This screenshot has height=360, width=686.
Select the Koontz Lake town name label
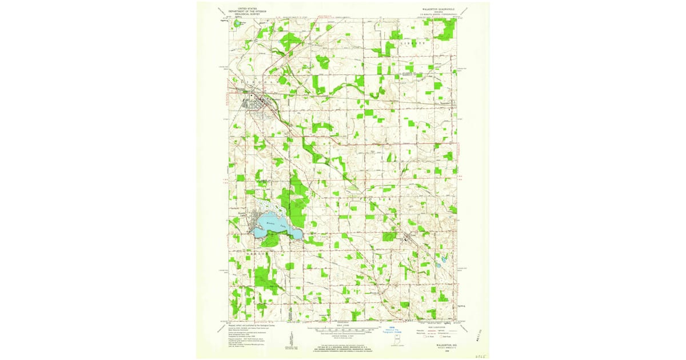point(241,214)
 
